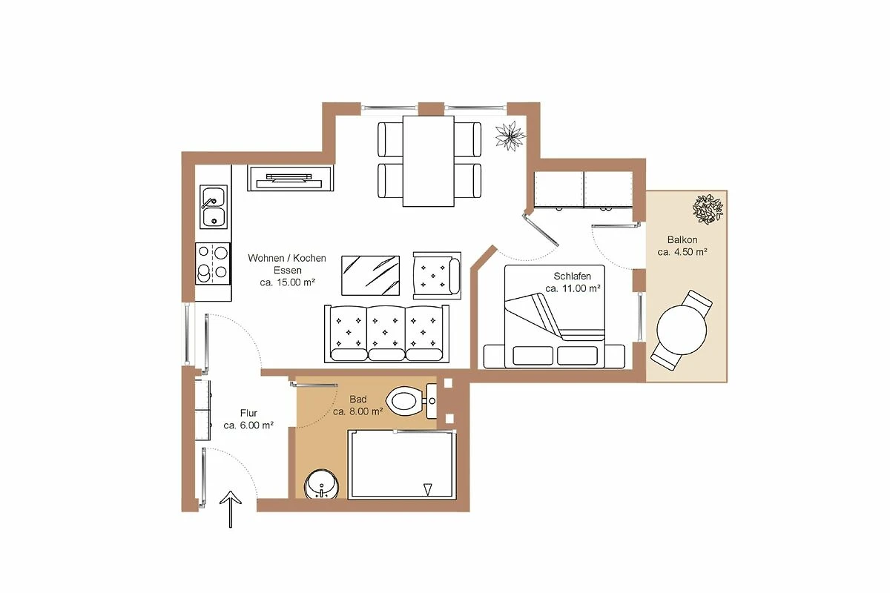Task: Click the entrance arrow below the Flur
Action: point(231,509)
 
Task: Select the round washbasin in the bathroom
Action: point(321,484)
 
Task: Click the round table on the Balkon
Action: point(682,329)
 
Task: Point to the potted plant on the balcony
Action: point(708,209)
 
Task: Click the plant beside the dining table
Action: point(510,136)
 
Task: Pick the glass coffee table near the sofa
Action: point(370,275)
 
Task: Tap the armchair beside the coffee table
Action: point(437,275)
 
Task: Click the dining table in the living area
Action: point(429,162)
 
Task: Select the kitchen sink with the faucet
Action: point(214,207)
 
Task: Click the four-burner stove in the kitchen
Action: point(213,263)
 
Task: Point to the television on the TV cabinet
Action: point(289,180)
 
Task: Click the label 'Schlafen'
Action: point(572,276)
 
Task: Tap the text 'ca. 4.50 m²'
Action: point(682,252)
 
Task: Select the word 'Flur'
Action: point(248,413)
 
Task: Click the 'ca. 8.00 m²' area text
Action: point(358,411)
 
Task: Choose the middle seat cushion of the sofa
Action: point(386,333)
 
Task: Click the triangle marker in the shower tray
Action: point(427,489)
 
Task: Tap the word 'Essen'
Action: point(288,270)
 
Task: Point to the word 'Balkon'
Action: point(682,240)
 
